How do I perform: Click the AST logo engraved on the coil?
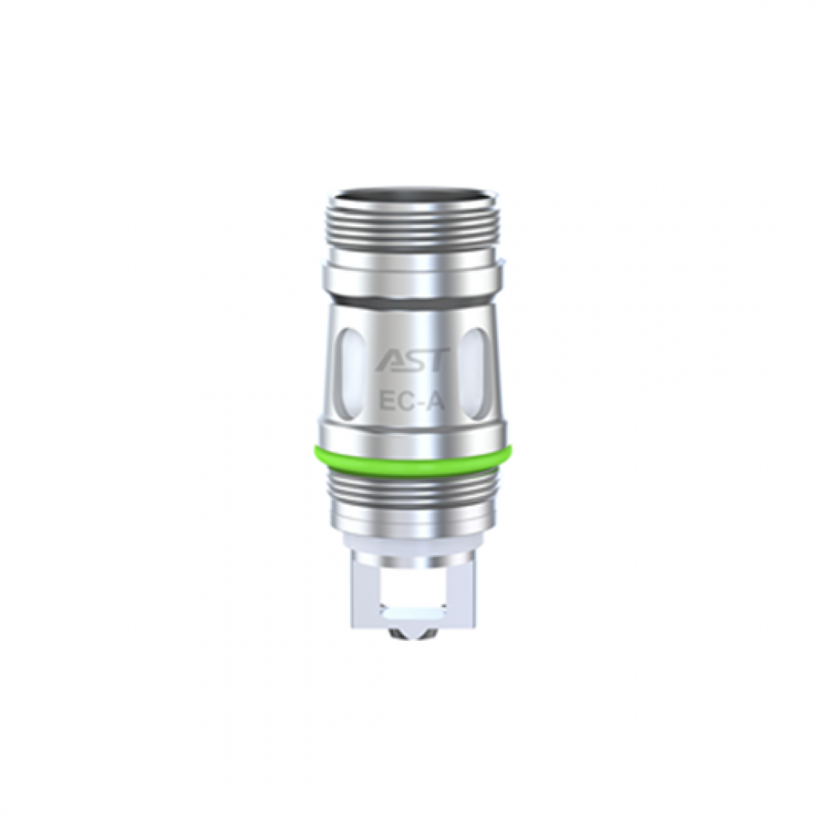click(x=411, y=361)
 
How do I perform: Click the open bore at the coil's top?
click(x=411, y=199)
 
